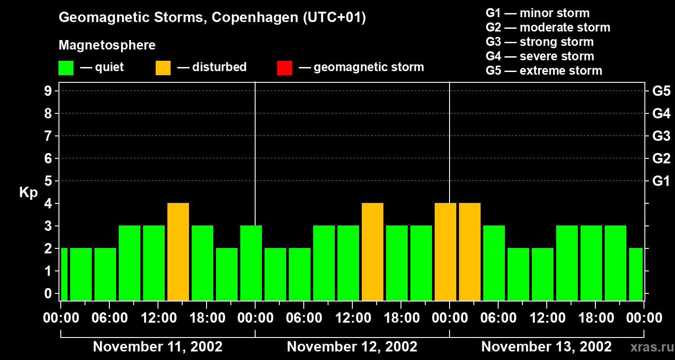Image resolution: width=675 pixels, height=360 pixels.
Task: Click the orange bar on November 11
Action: pyautogui.click(x=178, y=252)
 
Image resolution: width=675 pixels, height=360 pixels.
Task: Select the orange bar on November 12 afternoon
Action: pyautogui.click(x=373, y=252)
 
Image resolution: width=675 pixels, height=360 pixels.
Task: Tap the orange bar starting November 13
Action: pyautogui.click(x=470, y=252)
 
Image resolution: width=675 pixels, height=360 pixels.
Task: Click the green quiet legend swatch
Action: pyautogui.click(x=66, y=67)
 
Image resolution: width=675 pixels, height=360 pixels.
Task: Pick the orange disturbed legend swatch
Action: pyautogui.click(x=163, y=67)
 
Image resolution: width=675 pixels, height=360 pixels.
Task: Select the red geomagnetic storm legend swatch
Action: pyautogui.click(x=284, y=67)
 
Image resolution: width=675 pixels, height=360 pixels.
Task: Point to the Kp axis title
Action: pyautogui.click(x=28, y=193)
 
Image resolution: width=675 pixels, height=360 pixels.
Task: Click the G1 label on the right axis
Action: pyautogui.click(x=661, y=181)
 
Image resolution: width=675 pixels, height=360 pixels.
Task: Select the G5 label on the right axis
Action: pyautogui.click(x=661, y=91)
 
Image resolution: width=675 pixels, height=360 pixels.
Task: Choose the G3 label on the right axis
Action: pyautogui.click(x=661, y=136)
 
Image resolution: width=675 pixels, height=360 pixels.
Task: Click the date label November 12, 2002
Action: pyautogui.click(x=352, y=346)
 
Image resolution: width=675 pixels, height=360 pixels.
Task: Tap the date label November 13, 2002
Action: pyautogui.click(x=546, y=346)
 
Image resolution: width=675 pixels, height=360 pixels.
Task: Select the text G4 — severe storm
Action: pyautogui.click(x=540, y=56)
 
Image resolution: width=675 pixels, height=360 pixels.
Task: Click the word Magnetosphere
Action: pyautogui.click(x=107, y=45)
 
